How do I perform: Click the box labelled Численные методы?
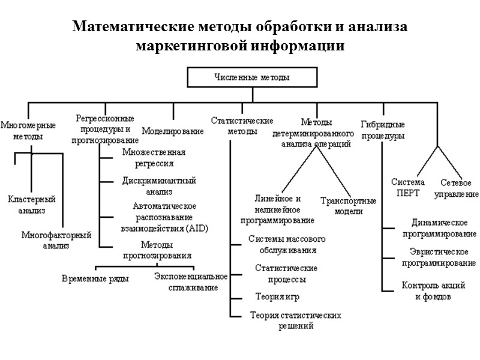pos(251,78)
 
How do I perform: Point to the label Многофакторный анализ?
pos(56,240)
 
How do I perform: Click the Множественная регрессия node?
pos(153,157)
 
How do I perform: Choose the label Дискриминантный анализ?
pos(159,186)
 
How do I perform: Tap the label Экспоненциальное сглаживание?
pos(190,282)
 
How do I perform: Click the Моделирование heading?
pos(173,131)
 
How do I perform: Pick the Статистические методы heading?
pos(242,125)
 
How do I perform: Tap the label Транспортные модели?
pos(348,206)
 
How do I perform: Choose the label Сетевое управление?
pos(459,188)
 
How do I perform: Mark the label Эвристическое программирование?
pos(439,258)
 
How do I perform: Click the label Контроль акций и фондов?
pos(433,291)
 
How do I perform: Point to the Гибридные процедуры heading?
pos(383,130)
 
